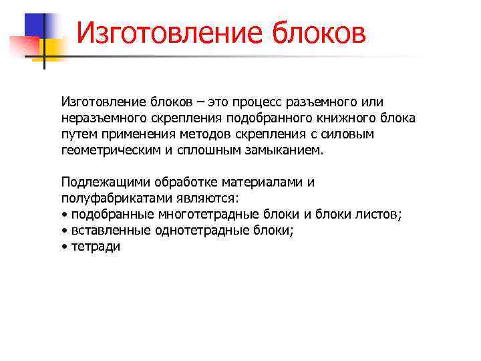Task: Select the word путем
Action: coord(79,134)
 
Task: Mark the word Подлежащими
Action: coord(105,183)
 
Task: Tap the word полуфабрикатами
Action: coord(117,199)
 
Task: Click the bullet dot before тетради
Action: coord(63,247)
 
